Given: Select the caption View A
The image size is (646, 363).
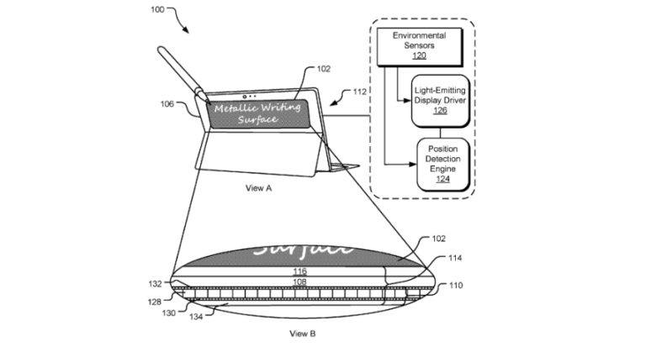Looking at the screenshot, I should pos(258,188).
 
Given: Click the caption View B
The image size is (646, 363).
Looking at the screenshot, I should pos(302,334).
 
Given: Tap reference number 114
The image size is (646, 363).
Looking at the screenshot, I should pos(455,258).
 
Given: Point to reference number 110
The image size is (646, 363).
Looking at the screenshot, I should pos(454,287).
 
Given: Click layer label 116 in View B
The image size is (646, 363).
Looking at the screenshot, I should pos(300,271).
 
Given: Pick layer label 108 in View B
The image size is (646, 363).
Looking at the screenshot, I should pos(300,283).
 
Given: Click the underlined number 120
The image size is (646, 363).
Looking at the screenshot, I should pos(418,55).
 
